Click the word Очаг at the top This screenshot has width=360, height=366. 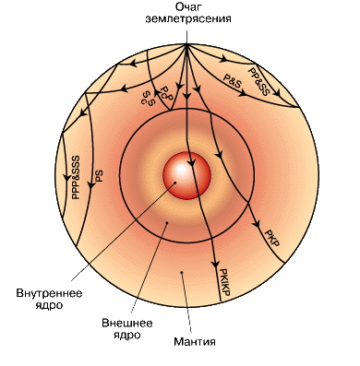tap(187, 7)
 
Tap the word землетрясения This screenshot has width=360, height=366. tap(188, 19)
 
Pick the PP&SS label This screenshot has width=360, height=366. tap(258, 81)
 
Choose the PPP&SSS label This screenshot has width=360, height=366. tap(75, 177)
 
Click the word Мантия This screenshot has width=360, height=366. tap(195, 342)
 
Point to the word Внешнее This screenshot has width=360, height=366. tap(127, 323)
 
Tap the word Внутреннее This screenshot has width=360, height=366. tap(49, 293)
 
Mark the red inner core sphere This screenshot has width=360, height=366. tap(186, 176)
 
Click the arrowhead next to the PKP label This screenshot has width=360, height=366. tap(257, 223)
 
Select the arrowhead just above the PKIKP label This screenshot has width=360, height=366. tap(216, 264)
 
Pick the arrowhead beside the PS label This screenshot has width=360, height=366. tap(90, 185)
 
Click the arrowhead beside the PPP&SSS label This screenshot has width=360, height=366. tap(66, 177)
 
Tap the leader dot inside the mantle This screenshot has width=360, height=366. tap(182, 272)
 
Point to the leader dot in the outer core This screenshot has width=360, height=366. tap(167, 222)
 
